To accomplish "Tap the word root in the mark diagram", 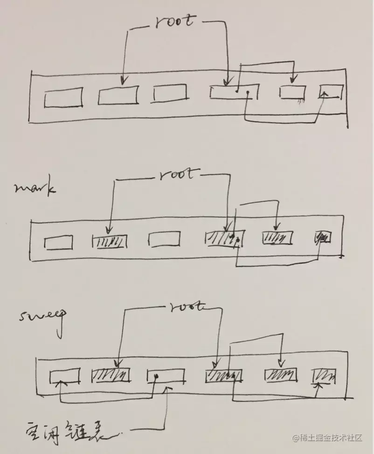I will pyautogui.click(x=175, y=175).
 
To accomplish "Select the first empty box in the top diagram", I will pyautogui.click(x=63, y=98).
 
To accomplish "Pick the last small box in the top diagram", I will pyautogui.click(x=330, y=92).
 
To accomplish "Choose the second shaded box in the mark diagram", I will pyautogui.click(x=110, y=241).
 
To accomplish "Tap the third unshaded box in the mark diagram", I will pyautogui.click(x=164, y=239).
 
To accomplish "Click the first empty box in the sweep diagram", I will pyautogui.click(x=65, y=375).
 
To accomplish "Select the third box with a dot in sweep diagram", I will pyautogui.click(x=166, y=376).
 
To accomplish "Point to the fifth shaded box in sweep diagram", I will pyautogui.click(x=280, y=375).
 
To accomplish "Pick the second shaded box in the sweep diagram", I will pyautogui.click(x=111, y=375).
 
